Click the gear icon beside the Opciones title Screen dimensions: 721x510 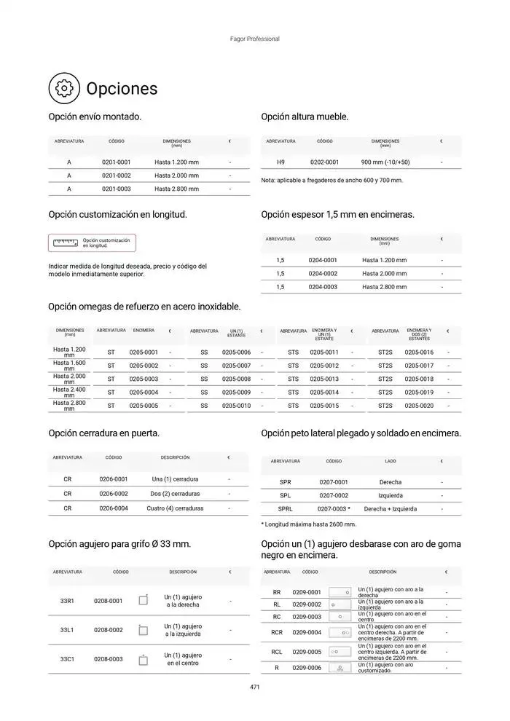[x=64, y=88]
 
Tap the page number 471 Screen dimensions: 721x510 [x=254, y=687]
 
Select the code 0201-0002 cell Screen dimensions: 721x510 [x=116, y=176]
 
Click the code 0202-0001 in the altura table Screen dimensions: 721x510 [x=324, y=162]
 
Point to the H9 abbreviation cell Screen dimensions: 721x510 [x=280, y=162]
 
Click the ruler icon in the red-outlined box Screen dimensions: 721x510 [x=66, y=243]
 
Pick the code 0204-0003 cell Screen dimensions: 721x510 [x=323, y=287]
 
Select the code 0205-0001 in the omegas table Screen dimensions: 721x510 [x=144, y=352]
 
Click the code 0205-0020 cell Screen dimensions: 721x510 [x=419, y=406]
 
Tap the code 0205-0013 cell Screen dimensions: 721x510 [x=324, y=379]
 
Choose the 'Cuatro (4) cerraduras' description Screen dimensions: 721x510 [x=175, y=508]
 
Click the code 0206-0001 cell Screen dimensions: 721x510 [x=114, y=479]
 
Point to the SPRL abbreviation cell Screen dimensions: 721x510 [x=285, y=509]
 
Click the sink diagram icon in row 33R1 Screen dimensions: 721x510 [x=144, y=600]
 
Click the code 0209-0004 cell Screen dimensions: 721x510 [x=307, y=632]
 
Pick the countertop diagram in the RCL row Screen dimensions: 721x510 [x=340, y=652]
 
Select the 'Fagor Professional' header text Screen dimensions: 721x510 [x=254, y=39]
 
